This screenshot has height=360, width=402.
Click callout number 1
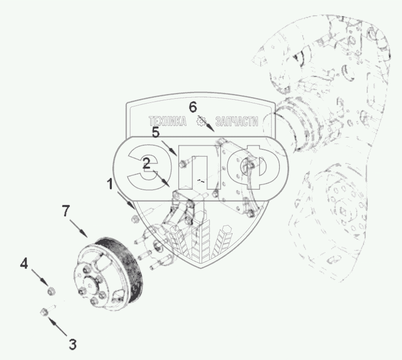tap(110, 184)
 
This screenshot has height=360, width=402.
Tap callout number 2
tap(147, 164)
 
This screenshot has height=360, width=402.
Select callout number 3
tap(73, 344)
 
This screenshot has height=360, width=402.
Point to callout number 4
tap(24, 263)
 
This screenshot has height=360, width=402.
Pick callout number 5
tap(156, 132)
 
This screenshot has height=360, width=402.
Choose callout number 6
tap(193, 107)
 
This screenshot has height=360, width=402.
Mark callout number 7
tap(65, 211)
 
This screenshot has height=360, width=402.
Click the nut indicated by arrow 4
tap(52, 291)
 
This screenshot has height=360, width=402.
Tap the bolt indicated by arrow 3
tap(48, 310)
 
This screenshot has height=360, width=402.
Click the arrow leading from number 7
tap(79, 228)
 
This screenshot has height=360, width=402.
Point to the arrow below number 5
tap(169, 148)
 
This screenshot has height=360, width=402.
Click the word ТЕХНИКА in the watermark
tap(168, 121)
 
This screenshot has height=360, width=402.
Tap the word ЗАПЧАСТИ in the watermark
tap(237, 121)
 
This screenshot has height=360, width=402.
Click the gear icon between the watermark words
tap(201, 121)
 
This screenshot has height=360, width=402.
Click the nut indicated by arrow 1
tap(134, 219)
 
